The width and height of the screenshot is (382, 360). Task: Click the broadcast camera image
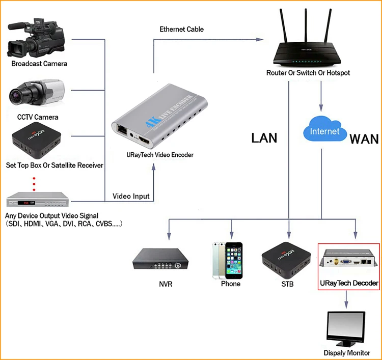36,38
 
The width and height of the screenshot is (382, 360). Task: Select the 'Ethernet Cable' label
181,29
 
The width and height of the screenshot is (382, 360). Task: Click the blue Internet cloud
325,129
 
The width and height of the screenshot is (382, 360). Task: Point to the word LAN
264,138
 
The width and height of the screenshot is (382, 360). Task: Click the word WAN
364,140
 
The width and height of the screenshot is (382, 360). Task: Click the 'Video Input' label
131,197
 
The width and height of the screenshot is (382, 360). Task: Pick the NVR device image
160,259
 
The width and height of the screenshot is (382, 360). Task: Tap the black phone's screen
234,261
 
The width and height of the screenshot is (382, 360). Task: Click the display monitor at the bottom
346,329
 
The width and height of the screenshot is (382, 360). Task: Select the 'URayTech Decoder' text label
349,283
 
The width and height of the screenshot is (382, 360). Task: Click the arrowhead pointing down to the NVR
169,236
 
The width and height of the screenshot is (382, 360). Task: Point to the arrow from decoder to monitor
346,299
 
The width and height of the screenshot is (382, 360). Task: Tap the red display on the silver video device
26,203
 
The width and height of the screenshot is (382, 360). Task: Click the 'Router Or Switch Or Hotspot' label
308,73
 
